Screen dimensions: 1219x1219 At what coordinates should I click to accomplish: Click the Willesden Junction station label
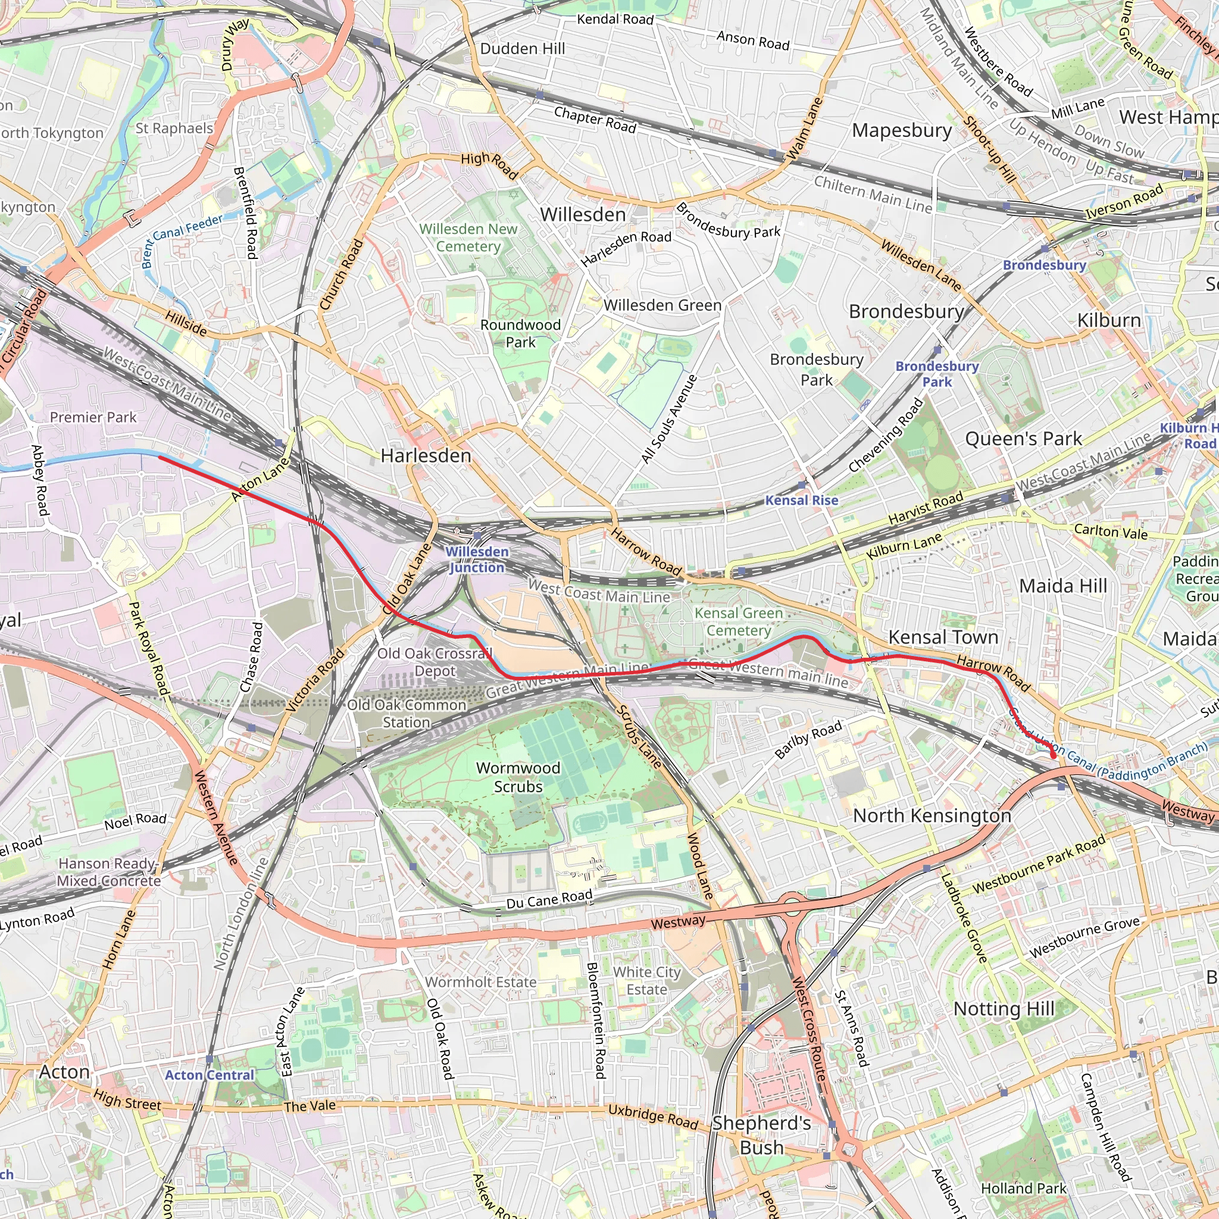476,559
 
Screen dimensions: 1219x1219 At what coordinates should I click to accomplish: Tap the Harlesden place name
426,455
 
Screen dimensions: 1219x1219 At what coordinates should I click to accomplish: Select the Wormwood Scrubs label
518,777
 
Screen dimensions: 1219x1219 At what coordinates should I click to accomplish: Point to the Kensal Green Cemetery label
738,621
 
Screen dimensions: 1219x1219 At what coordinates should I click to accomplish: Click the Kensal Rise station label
801,501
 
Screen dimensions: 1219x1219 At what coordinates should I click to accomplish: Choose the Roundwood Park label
521,333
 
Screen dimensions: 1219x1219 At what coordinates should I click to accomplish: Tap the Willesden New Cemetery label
469,237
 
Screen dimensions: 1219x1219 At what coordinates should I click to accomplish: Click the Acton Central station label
210,1075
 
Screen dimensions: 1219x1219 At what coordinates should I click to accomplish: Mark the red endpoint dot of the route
1053,755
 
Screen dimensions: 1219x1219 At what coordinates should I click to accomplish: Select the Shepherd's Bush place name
761,1135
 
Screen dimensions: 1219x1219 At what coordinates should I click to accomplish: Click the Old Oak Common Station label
407,714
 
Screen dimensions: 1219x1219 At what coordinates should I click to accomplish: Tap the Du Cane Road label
549,899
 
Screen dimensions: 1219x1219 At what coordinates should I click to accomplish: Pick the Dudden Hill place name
523,49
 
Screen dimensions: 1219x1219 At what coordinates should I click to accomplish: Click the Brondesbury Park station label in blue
937,374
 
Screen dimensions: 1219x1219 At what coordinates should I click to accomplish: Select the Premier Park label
93,417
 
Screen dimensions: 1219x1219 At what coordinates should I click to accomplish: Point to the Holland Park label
1023,1189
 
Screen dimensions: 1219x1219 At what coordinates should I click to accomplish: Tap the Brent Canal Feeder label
181,240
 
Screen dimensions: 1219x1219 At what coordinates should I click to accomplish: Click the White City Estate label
647,980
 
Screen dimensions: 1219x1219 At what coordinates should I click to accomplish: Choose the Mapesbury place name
902,130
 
